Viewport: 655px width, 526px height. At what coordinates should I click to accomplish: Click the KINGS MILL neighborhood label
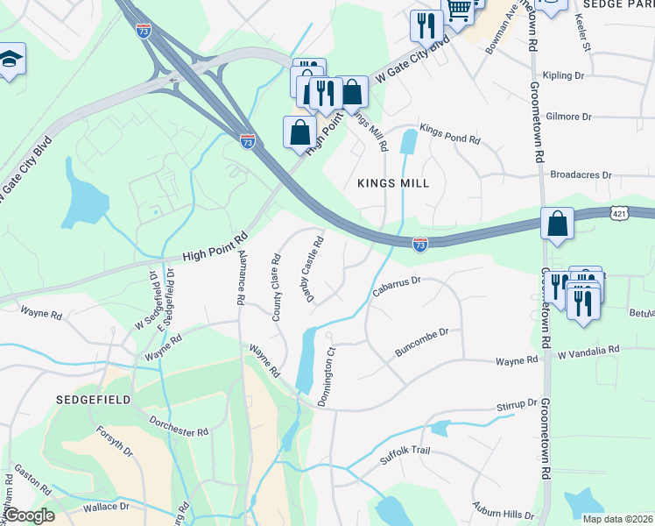pyautogui.click(x=393, y=183)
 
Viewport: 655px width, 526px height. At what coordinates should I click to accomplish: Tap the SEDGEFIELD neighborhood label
pyautogui.click(x=93, y=399)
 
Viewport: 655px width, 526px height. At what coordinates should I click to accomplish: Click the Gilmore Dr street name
pyautogui.click(x=568, y=116)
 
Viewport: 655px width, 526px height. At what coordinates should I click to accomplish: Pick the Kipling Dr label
pyautogui.click(x=563, y=76)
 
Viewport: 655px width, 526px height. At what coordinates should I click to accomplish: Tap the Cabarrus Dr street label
pyautogui.click(x=398, y=287)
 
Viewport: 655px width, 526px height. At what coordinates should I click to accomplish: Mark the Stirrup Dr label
pyautogui.click(x=516, y=405)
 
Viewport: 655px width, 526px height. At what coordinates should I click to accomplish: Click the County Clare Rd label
pyautogui.click(x=277, y=288)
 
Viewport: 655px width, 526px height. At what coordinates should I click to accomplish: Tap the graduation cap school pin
pyautogui.click(x=11, y=60)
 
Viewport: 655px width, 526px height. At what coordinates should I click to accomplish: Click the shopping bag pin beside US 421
pyautogui.click(x=557, y=224)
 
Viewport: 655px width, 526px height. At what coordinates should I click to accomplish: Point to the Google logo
pyautogui.click(x=30, y=516)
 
